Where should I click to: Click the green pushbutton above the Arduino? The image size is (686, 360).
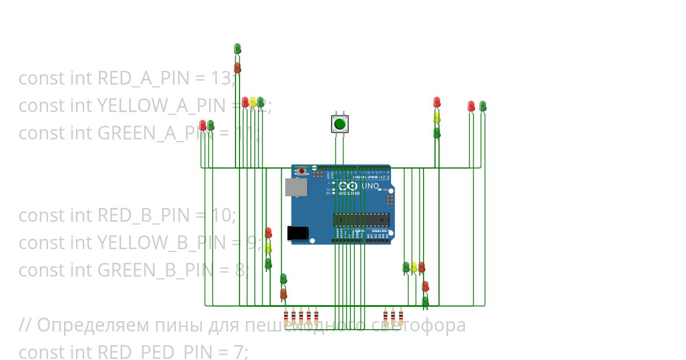coord(340,123)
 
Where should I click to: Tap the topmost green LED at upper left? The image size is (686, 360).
coord(237,49)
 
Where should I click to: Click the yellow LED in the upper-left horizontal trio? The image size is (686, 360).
coord(253,102)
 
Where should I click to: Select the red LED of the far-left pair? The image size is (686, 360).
coord(203,125)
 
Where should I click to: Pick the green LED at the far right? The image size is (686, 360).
coord(482,106)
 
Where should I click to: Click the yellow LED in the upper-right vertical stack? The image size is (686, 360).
coord(437,117)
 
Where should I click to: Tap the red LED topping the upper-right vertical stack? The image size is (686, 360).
coord(437,102)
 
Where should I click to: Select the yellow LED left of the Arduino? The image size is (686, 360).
coord(268,248)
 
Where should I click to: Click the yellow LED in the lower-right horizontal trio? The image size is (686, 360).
coord(414,267)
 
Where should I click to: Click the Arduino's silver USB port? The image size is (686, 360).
coord(295,187)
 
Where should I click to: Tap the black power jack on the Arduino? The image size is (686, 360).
coord(297,233)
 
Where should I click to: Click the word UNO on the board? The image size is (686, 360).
coord(370,186)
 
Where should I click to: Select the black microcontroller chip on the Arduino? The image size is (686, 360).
coord(361,219)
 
